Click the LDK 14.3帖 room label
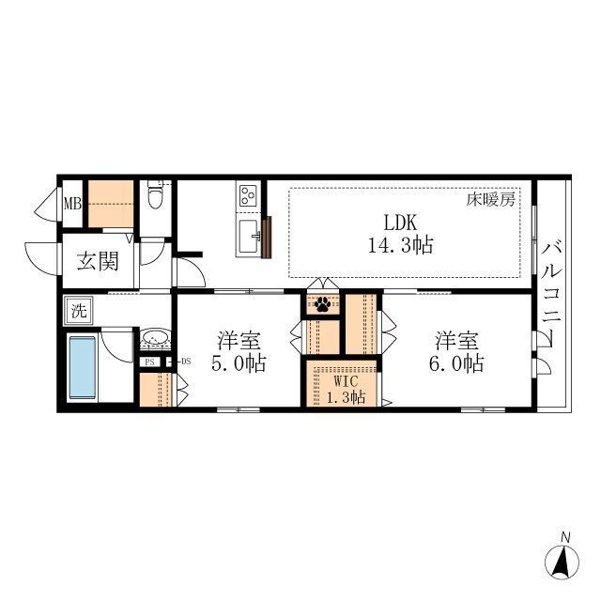401,234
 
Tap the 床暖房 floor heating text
490,200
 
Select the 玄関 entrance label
98,261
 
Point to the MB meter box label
72,204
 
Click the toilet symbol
155,194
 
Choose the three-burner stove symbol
248,195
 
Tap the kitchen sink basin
248,236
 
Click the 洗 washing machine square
79,311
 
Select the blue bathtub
82,367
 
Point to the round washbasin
154,339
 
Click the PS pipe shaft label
149,362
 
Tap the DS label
186,362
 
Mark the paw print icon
322,304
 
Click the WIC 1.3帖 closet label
346,389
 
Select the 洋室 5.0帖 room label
239,352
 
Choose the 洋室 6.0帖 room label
456,352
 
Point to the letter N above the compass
564,537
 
